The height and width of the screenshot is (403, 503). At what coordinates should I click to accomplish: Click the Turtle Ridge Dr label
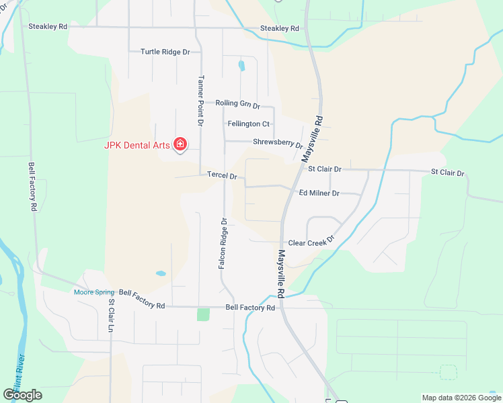click(165, 52)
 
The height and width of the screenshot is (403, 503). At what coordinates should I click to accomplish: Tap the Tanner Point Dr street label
click(200, 101)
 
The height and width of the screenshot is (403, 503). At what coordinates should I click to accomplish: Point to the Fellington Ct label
click(248, 124)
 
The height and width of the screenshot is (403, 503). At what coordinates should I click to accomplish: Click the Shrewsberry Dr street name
click(278, 143)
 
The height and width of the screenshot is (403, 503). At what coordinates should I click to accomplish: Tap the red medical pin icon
click(180, 144)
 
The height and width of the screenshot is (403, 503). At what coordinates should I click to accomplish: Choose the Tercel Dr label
click(222, 176)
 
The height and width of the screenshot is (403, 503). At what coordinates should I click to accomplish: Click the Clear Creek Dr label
click(311, 243)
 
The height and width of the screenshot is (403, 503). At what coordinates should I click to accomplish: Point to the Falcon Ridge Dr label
click(222, 243)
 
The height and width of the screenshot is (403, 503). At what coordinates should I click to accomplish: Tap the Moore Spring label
click(94, 292)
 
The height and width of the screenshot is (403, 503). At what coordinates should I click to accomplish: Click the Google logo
click(22, 395)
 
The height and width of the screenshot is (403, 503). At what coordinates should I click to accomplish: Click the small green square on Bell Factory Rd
click(203, 314)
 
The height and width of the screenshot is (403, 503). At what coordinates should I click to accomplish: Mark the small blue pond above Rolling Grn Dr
click(241, 66)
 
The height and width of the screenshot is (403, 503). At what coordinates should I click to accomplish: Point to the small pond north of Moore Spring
click(161, 274)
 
